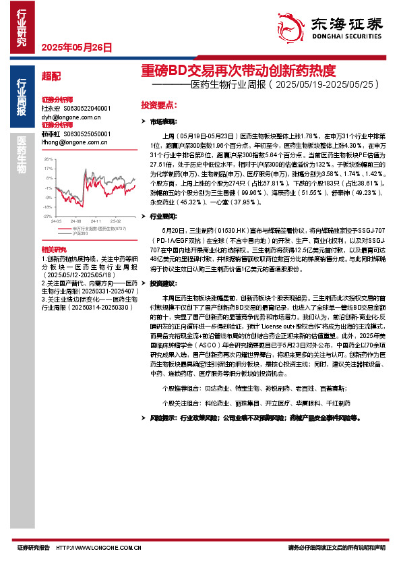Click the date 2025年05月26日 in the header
pyautogui.click(x=77, y=48)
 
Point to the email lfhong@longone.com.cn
pyautogui.click(x=74, y=142)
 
